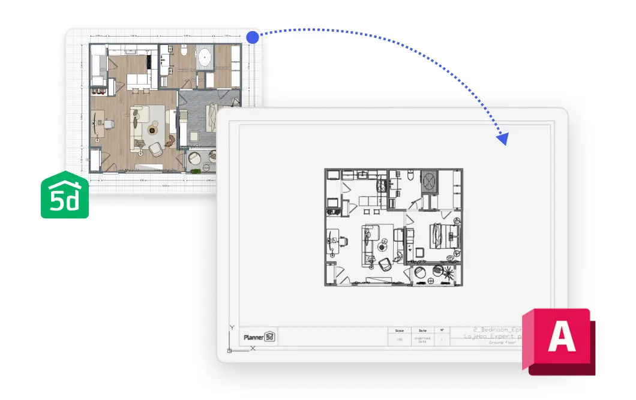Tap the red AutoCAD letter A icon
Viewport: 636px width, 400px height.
pos(560,339)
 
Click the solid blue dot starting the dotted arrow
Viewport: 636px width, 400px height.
pos(253,38)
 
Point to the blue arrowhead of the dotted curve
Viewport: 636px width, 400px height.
pos(502,140)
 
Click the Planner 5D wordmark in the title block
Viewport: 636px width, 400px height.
pos(259,337)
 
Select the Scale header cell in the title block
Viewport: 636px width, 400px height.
pos(400,330)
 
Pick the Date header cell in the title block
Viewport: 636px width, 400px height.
pos(422,330)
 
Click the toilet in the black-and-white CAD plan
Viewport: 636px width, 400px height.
pos(410,175)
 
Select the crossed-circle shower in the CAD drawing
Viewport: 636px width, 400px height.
pos(430,180)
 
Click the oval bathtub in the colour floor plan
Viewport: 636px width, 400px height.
pos(205,57)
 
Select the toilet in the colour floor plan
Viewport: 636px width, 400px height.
pos(183,52)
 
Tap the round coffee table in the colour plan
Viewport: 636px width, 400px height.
pos(152,129)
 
